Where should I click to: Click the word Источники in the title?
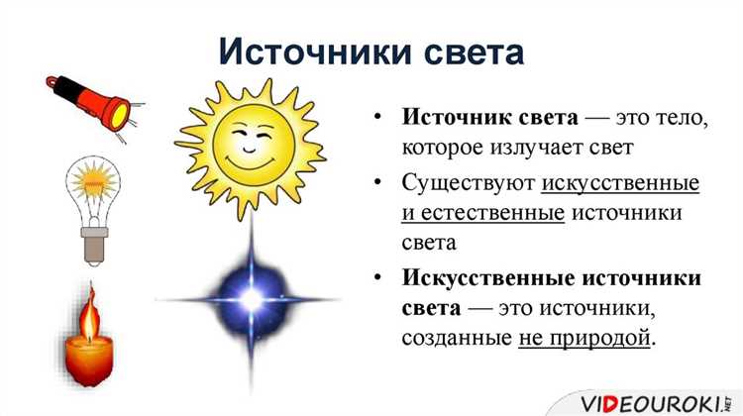(x=319, y=50)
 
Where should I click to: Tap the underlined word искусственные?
(x=621, y=183)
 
